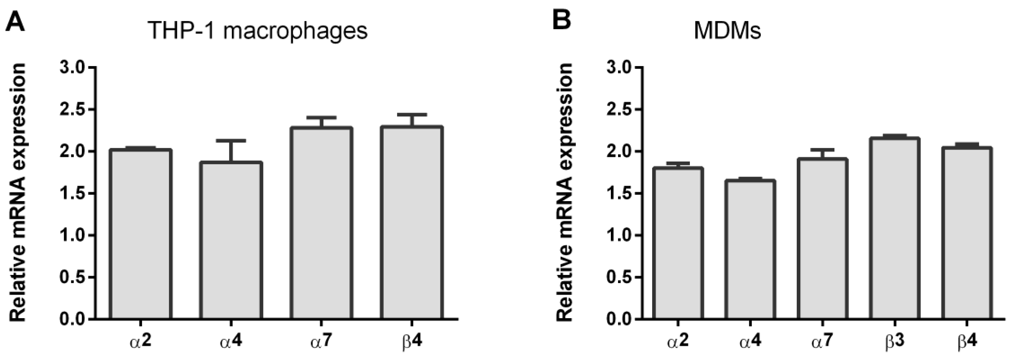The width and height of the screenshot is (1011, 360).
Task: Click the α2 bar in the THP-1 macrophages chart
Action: tap(140, 236)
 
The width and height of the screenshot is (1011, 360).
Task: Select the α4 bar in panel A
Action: tap(231, 241)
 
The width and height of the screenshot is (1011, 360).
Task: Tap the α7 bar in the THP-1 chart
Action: tap(321, 224)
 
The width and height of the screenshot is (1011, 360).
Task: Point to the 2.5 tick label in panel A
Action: tap(72, 110)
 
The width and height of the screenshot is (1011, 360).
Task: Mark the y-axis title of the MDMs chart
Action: tap(565, 192)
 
